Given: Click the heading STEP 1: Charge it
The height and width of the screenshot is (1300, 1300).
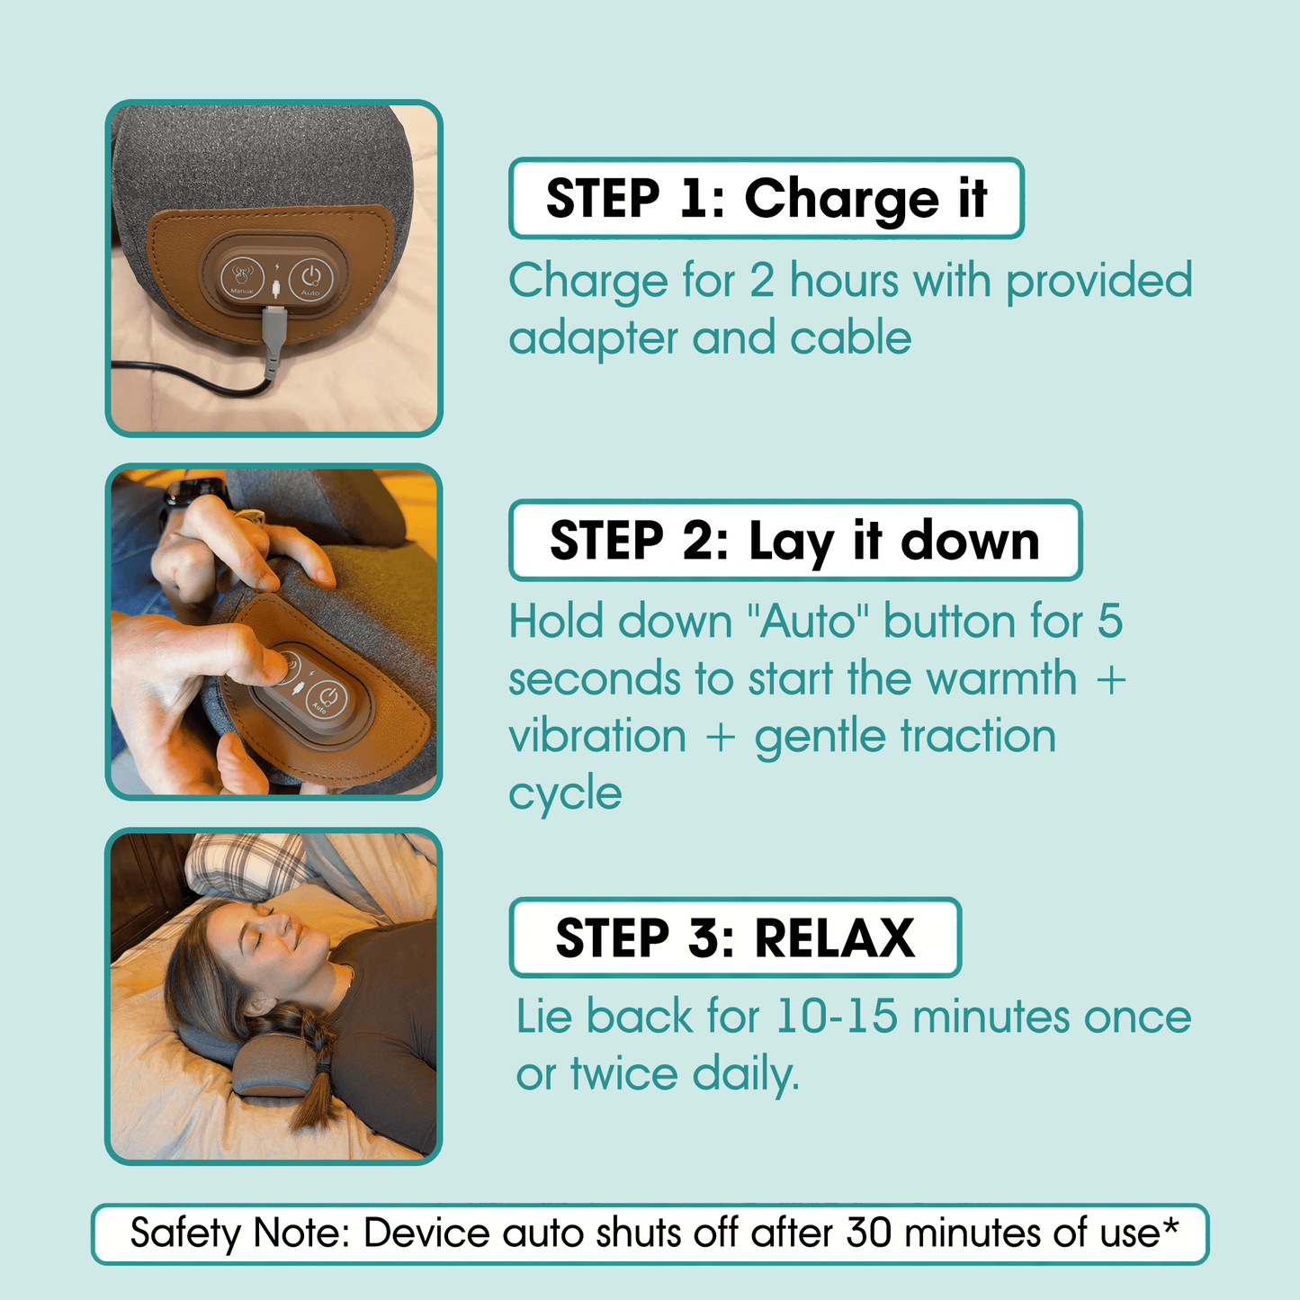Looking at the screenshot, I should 766,199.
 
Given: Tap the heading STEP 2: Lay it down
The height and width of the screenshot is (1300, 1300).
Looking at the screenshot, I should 794,541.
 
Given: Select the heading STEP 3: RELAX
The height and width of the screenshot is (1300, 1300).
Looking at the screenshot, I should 735,937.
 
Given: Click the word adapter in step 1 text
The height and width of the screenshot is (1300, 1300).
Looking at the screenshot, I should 593,338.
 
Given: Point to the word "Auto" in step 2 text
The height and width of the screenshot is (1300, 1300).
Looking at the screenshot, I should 810,622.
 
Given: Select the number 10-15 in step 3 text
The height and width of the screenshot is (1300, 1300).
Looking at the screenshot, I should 836,1017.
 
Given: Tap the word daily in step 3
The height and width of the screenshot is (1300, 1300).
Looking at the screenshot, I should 745,1074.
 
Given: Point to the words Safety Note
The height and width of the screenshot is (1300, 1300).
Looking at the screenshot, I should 239,1233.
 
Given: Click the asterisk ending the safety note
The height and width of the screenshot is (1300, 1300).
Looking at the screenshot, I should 1170,1229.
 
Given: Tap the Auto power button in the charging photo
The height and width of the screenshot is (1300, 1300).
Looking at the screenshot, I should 310,277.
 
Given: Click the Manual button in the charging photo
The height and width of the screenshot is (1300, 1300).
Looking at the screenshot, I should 242,276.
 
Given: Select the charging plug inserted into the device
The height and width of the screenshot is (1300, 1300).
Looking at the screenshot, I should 273,327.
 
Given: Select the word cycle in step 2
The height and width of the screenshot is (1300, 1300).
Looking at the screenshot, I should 565,793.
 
